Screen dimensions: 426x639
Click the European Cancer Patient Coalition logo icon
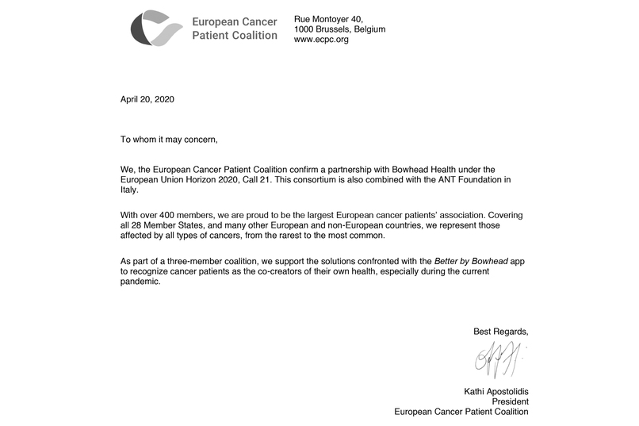[156, 29]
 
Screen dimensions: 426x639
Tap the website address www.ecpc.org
[321, 40]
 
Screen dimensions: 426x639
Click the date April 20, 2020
[147, 100]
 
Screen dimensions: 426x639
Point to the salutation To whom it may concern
[168, 140]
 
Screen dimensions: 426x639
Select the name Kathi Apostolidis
[496, 391]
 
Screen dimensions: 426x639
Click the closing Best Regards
[500, 331]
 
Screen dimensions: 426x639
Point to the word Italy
[129, 190]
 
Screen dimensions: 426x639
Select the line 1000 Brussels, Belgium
[339, 29]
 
